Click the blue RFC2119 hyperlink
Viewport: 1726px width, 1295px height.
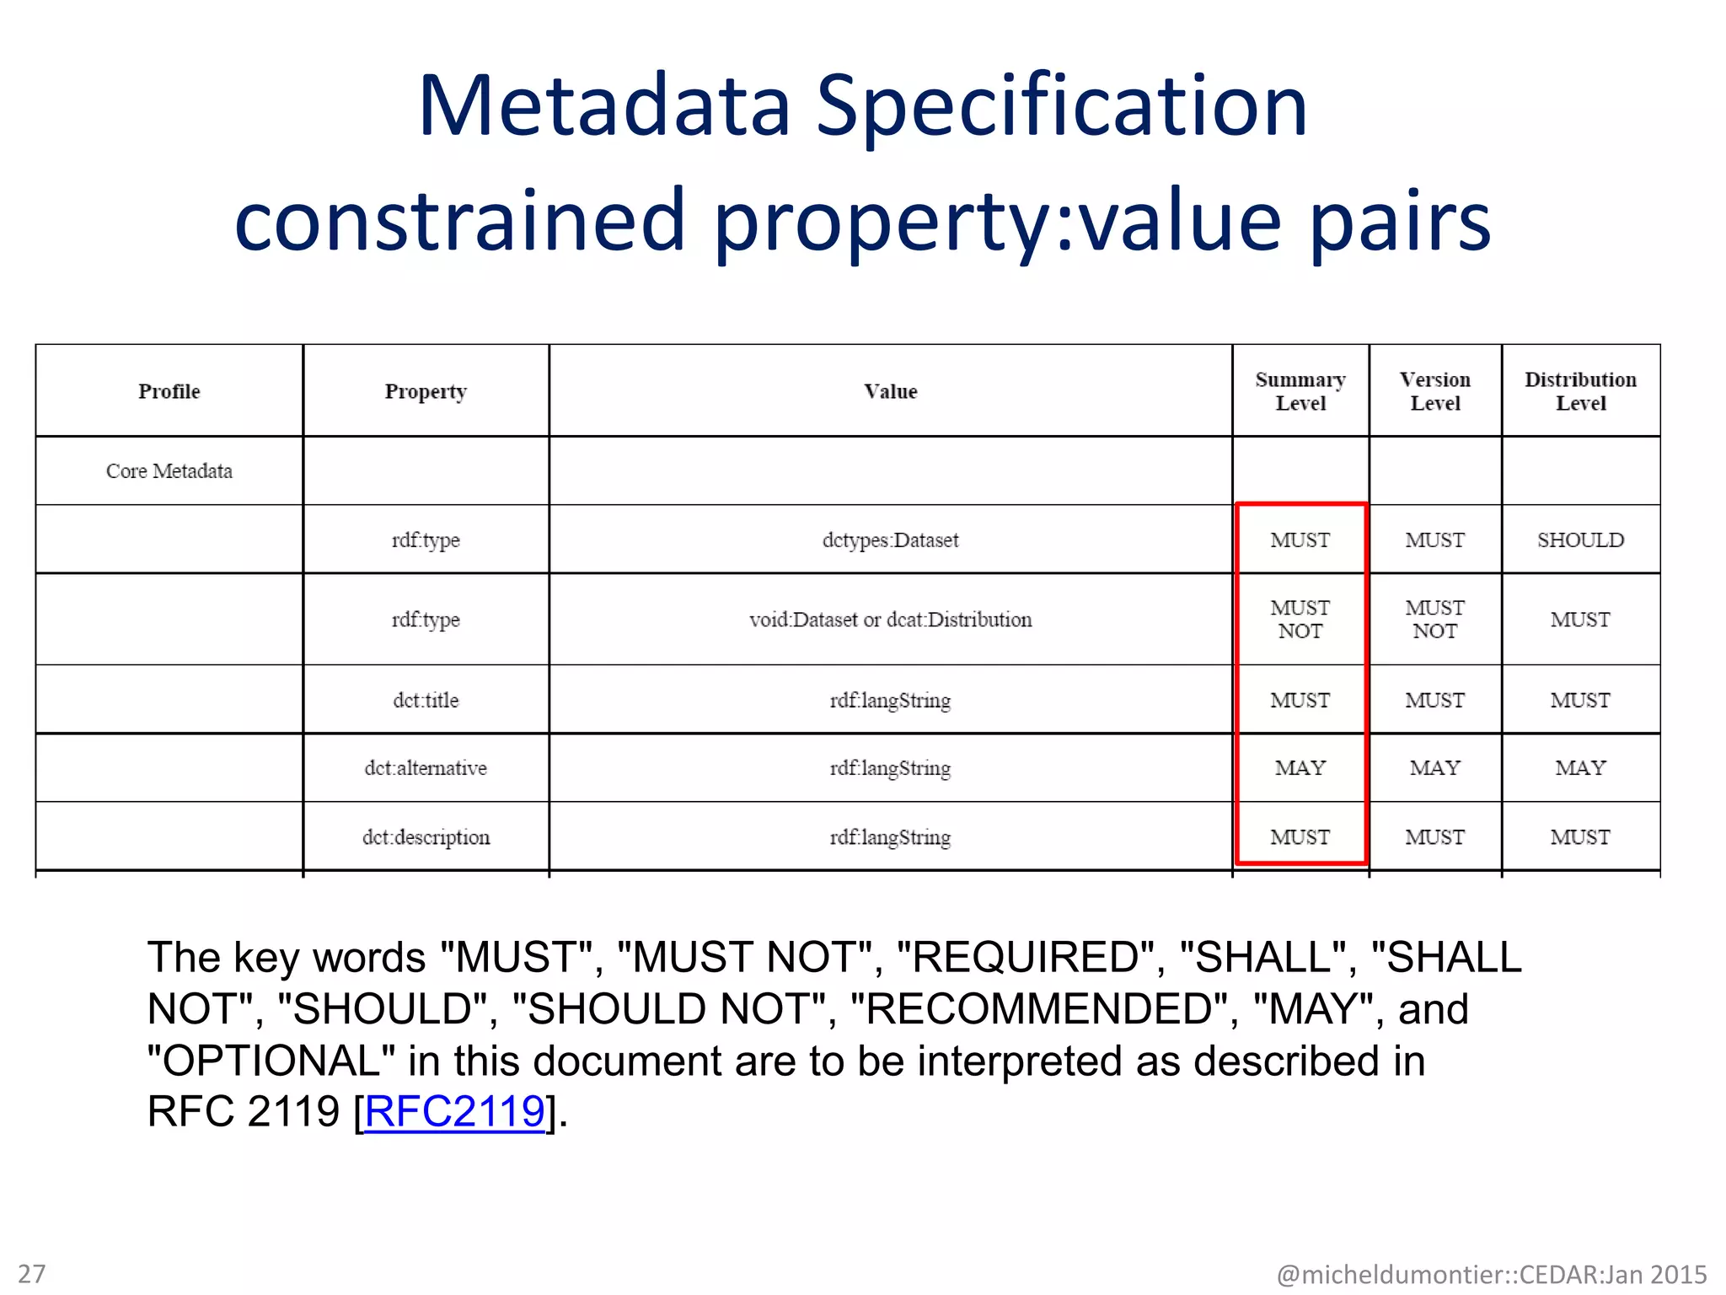(x=454, y=1111)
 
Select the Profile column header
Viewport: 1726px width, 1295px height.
(x=169, y=391)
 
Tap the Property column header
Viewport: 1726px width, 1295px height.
(x=426, y=391)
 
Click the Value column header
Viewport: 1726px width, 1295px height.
(x=890, y=391)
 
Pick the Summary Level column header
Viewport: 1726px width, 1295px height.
(x=1300, y=391)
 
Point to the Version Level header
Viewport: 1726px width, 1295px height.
(x=1434, y=391)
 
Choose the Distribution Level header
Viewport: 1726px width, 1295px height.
(x=1580, y=391)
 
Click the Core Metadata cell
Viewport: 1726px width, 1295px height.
(x=169, y=471)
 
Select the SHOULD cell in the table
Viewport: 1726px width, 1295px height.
(x=1580, y=540)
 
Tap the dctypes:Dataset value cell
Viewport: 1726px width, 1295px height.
(x=890, y=540)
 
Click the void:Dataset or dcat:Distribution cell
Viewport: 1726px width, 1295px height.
(x=890, y=620)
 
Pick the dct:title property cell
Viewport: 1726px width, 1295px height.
(x=426, y=701)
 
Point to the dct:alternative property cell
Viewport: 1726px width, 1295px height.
(x=426, y=768)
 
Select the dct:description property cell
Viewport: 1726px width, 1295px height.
(x=426, y=837)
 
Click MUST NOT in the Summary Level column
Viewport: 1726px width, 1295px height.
(x=1300, y=620)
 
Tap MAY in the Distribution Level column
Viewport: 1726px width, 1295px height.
(x=1580, y=768)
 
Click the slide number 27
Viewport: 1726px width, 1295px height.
(x=32, y=1273)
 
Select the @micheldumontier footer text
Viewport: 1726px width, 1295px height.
(x=1492, y=1274)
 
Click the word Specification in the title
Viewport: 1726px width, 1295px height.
(x=1062, y=107)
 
